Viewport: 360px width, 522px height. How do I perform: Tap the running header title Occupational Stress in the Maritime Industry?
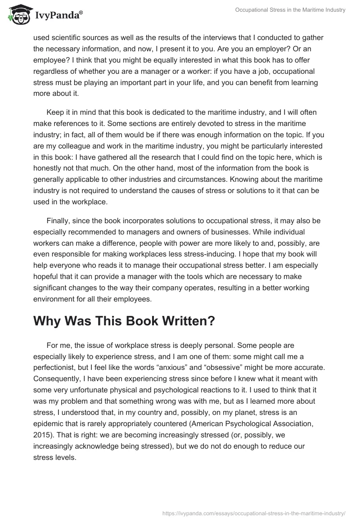[x=291, y=10]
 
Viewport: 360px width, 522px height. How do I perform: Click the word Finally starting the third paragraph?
[x=58, y=221]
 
